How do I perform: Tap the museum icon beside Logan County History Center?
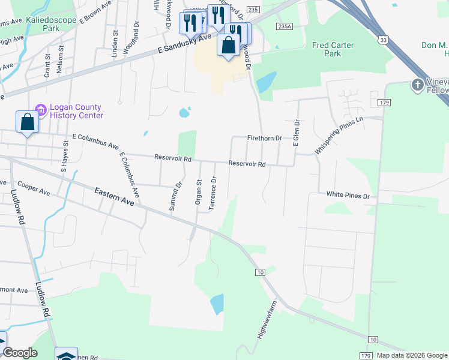(41, 110)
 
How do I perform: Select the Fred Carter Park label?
(333, 49)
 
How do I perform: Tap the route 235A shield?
(284, 27)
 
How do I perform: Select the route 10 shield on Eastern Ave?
(259, 272)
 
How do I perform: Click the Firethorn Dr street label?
(264, 138)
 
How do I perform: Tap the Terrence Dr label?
(212, 193)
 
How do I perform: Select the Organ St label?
(198, 191)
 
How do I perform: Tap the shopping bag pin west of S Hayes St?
(28, 122)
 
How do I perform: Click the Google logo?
(20, 353)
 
